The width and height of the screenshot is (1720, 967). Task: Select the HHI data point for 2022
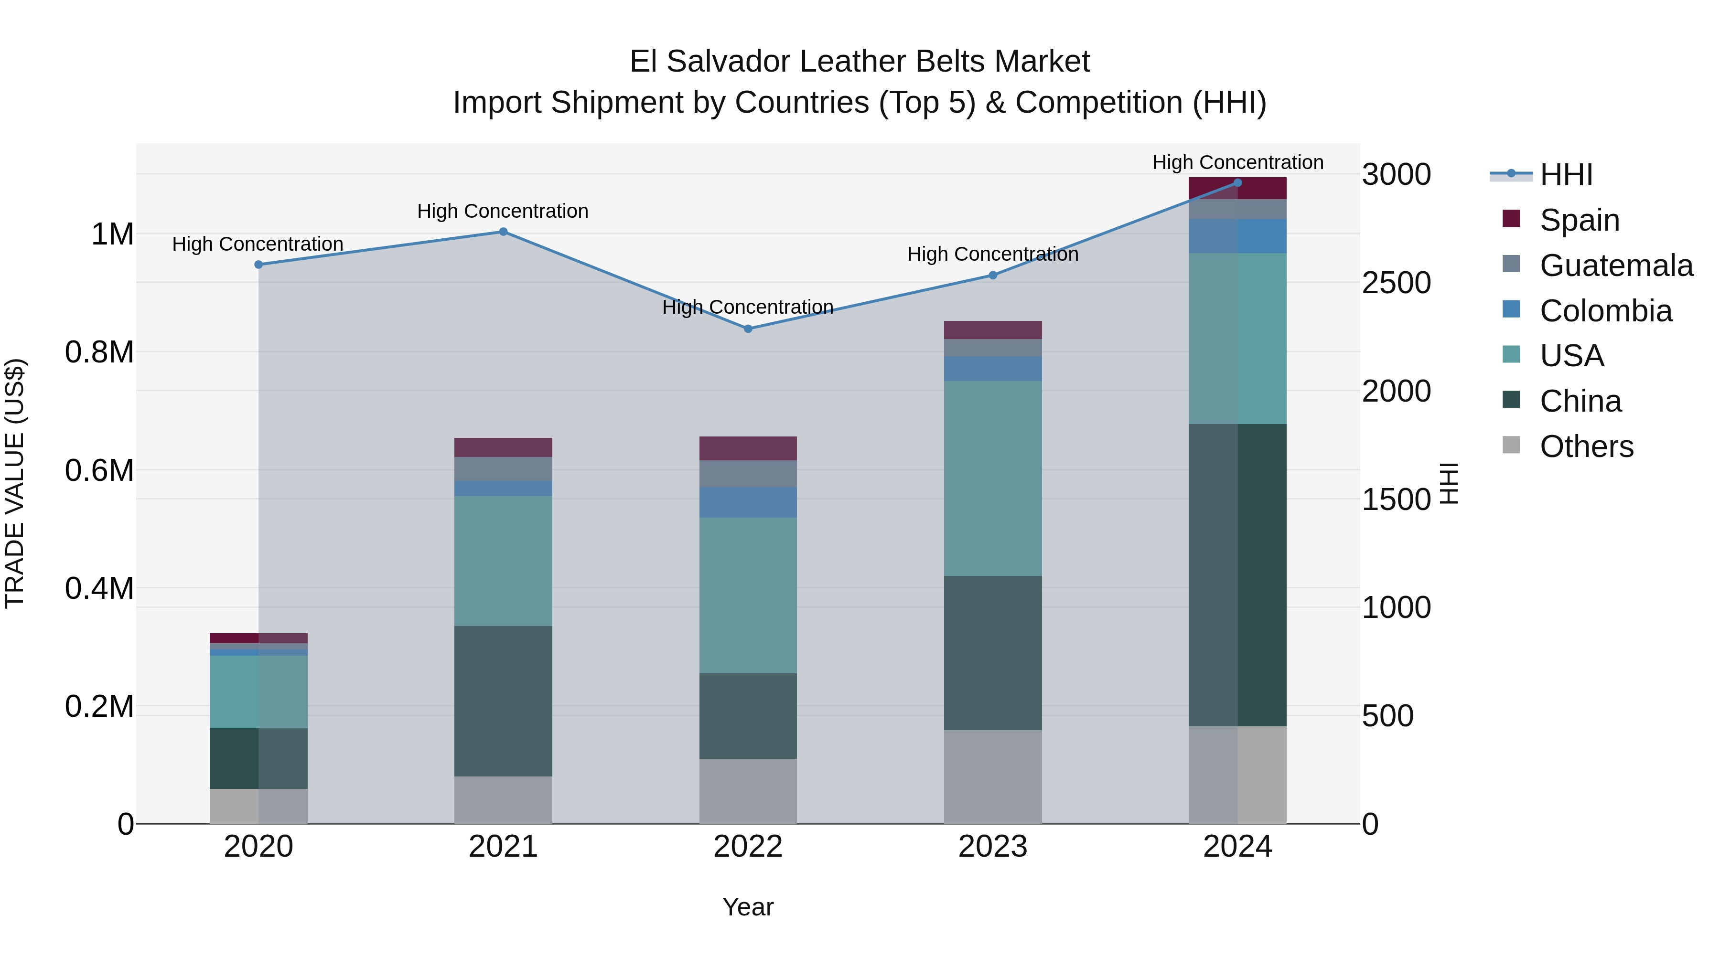pos(748,329)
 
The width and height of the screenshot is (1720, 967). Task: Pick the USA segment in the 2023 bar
pos(992,478)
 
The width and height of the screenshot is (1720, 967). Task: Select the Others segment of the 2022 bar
pos(748,790)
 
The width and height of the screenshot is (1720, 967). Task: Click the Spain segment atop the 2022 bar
pos(748,448)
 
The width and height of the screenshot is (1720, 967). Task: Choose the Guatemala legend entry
pos(1616,265)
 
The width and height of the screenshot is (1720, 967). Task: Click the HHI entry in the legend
pos(1566,175)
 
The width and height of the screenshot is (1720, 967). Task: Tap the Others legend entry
pos(1586,446)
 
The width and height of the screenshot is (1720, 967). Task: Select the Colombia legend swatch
pos(1511,309)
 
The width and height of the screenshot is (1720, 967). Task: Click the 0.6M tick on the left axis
pos(99,470)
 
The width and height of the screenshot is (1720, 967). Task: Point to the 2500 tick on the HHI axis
pos(1396,283)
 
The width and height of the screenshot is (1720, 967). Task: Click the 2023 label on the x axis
pos(992,847)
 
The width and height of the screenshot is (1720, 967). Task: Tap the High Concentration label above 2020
pos(258,244)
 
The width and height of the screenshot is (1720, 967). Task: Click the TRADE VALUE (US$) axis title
pos(15,483)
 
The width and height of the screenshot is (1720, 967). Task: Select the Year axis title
pos(748,907)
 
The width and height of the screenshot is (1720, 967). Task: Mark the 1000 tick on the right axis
pos(1396,607)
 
